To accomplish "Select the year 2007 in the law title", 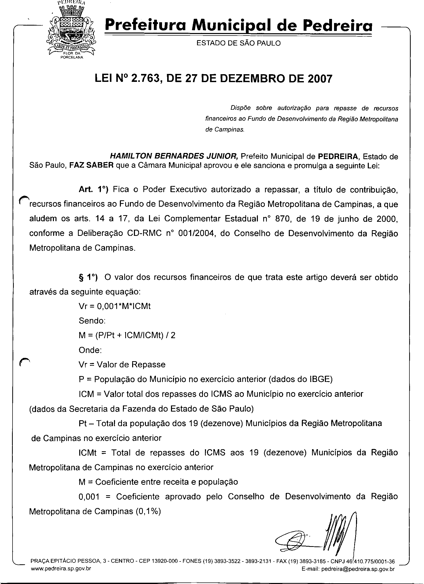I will [x=320, y=79].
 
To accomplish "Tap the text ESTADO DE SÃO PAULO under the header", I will [x=238, y=43].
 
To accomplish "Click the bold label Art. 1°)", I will [x=94, y=190].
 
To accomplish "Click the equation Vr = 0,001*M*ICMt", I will [x=115, y=306].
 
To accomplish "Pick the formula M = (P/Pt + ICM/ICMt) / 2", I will [x=127, y=335].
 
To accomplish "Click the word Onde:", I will [x=90, y=350].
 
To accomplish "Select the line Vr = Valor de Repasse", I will [x=122, y=365].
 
